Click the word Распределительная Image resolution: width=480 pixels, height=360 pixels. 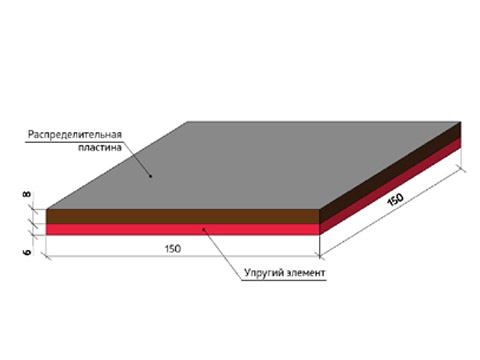[75, 135]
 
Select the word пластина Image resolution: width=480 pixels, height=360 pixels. [100, 147]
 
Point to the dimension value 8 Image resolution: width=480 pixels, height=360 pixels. [27, 194]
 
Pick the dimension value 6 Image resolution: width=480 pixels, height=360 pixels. [27, 251]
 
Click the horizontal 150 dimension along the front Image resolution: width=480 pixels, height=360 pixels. [173, 249]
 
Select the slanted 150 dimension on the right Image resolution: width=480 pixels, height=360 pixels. [395, 200]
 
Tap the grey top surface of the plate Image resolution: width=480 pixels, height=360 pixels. [253, 165]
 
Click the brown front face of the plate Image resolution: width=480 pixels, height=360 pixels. [183, 217]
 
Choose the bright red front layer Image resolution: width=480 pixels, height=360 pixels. [183, 230]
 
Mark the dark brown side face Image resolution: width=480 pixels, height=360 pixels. [390, 173]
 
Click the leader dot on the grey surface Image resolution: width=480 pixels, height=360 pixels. [150, 176]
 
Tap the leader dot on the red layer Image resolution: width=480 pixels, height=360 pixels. [203, 229]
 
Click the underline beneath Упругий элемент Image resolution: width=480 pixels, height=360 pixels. [283, 280]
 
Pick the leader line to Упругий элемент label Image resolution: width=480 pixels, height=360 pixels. [222, 255]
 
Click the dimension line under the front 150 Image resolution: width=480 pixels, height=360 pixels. [183, 256]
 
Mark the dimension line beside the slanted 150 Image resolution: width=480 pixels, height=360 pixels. [392, 213]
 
